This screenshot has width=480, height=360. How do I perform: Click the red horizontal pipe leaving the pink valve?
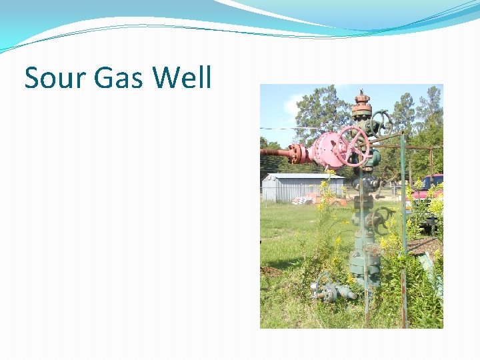[275, 153]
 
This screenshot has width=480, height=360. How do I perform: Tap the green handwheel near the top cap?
[382, 122]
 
